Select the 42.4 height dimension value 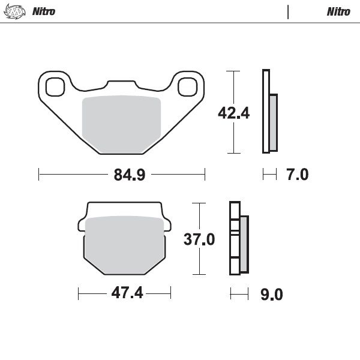click(x=233, y=113)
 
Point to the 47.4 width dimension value click(x=125, y=294)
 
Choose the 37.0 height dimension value click(x=199, y=239)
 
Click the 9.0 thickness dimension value click(x=271, y=295)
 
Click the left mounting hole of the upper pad click(x=55, y=86)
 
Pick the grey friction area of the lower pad click(x=125, y=245)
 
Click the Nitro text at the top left click(x=44, y=11)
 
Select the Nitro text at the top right click(x=338, y=11)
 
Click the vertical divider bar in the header click(x=289, y=11)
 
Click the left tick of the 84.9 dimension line click(x=39, y=175)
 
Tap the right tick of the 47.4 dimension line click(x=171, y=294)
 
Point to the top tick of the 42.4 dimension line click(x=232, y=71)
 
